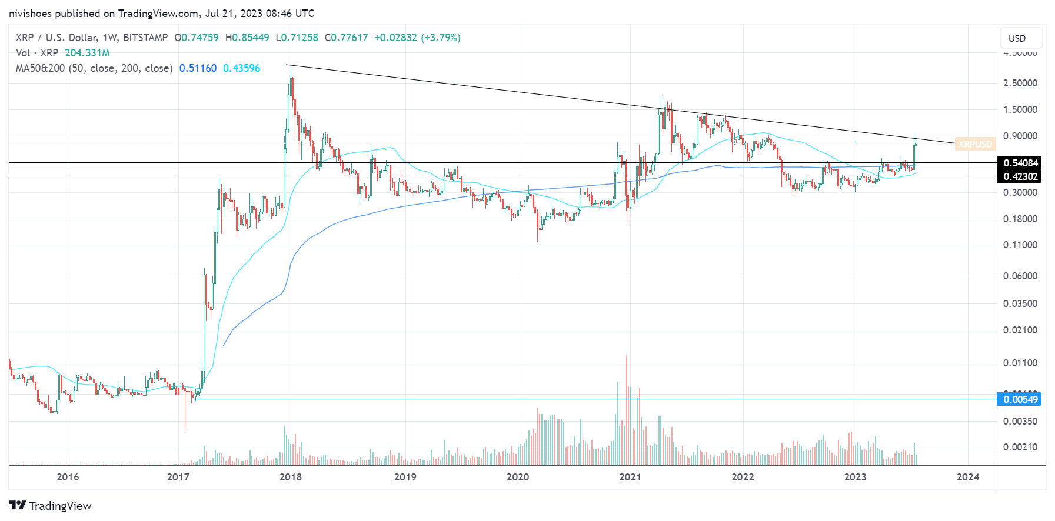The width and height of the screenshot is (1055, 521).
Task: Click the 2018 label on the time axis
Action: pos(291,477)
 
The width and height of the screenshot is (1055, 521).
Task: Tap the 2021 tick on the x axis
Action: pos(630,477)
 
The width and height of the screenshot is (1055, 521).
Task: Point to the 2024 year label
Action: pos(968,477)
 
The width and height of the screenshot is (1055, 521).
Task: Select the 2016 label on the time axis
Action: pos(68,477)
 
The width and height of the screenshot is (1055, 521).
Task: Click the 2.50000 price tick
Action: pos(1020,83)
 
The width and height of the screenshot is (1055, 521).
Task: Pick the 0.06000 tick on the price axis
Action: pos(1020,276)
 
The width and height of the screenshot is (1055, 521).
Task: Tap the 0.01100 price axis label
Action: pos(1020,363)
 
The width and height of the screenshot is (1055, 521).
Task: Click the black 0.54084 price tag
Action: pos(1020,163)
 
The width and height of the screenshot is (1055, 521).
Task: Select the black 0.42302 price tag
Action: pos(1020,176)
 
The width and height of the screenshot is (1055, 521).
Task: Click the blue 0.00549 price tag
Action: pos(1020,399)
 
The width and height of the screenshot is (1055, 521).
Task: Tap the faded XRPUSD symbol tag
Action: pos(975,144)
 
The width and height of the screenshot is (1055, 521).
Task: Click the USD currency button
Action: pos(1017,38)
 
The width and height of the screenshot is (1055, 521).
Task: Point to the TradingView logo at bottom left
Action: pos(51,506)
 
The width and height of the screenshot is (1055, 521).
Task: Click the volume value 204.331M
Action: pos(87,53)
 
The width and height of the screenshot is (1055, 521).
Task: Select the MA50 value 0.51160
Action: pos(198,68)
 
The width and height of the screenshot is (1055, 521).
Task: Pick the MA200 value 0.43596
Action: pos(241,68)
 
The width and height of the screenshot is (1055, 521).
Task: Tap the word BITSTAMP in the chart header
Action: pos(145,38)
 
